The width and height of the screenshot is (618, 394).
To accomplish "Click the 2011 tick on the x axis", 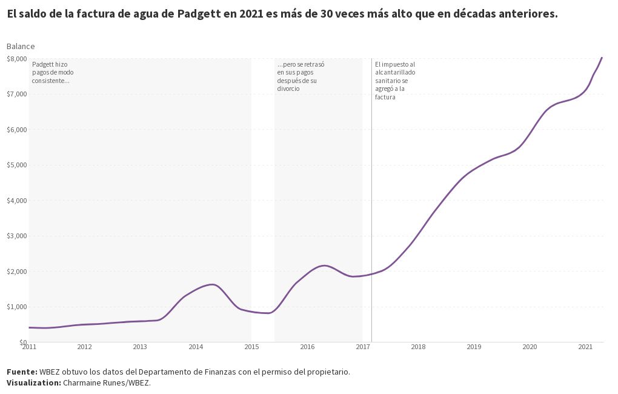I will point(29,347).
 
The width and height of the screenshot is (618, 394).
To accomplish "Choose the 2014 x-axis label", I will point(196,347).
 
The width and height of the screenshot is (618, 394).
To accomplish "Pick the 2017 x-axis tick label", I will point(363,347).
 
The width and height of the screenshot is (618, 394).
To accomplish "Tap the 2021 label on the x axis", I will point(585,347).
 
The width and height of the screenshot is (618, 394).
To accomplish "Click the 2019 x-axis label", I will point(474,347).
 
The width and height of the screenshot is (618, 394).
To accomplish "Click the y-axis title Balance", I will point(21,46).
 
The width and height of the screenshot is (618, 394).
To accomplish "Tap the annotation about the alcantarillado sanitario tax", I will point(395,81).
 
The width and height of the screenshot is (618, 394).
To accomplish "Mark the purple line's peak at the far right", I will point(602,58).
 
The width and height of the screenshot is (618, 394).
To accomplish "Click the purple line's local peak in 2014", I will point(212,284).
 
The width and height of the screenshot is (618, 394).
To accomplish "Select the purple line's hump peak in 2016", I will point(325,265).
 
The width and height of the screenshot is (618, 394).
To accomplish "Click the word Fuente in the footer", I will point(21,372).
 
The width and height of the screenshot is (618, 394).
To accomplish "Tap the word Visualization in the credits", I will point(33,383).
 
